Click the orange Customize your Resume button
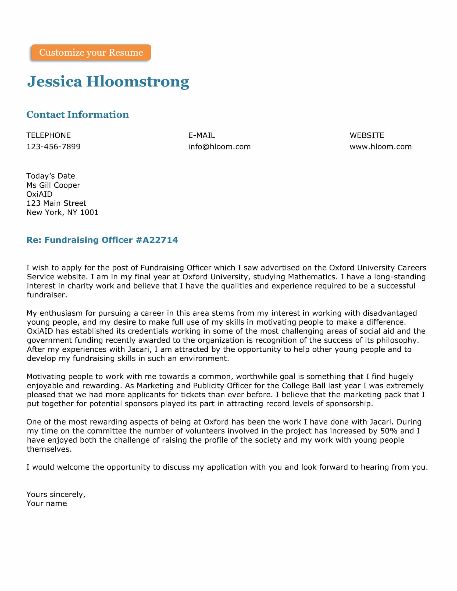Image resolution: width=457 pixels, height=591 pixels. (x=91, y=52)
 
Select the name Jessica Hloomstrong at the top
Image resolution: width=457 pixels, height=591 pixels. (x=108, y=81)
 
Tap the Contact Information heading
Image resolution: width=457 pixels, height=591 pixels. (x=77, y=114)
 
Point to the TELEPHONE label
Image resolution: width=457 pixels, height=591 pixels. (x=48, y=135)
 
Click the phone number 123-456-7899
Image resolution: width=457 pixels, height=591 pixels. (x=53, y=147)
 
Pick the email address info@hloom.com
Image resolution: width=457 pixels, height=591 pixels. (x=219, y=147)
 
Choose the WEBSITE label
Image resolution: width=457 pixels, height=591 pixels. (x=367, y=135)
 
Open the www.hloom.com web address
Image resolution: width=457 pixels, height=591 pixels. (x=380, y=147)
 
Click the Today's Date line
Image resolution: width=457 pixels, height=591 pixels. (x=51, y=176)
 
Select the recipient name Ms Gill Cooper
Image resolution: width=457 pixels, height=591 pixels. (x=53, y=185)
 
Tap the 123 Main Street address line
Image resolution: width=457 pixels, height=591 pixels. (x=56, y=203)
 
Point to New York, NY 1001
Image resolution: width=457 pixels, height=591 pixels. (x=62, y=212)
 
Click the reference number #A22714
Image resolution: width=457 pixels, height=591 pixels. (x=157, y=240)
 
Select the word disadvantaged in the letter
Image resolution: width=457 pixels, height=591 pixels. (x=390, y=313)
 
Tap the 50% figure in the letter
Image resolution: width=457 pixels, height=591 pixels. (x=389, y=431)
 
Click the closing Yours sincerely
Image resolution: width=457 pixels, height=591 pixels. (x=56, y=494)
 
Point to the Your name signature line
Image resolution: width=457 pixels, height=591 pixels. (x=47, y=503)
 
